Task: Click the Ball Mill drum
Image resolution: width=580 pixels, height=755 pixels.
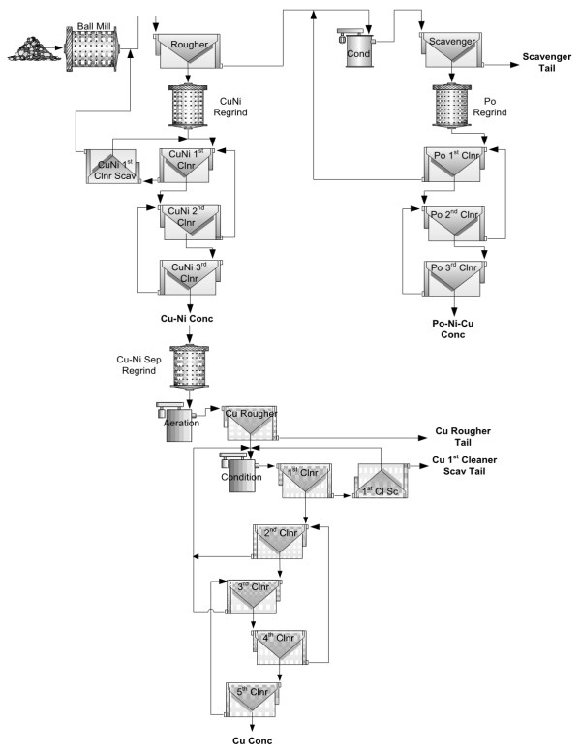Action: point(92,48)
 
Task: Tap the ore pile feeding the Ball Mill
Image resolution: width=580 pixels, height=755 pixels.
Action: point(34,49)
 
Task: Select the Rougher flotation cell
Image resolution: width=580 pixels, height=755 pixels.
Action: point(189,50)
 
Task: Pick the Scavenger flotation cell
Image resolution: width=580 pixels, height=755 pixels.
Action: point(451,49)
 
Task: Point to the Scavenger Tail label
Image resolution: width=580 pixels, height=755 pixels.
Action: point(547,62)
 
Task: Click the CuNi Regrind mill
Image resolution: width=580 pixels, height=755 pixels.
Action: point(188,106)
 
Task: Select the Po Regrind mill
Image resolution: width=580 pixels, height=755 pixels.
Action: point(451,106)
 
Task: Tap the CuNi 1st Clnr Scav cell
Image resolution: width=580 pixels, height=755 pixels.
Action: point(112,166)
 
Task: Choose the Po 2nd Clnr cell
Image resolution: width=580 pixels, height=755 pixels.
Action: point(454,224)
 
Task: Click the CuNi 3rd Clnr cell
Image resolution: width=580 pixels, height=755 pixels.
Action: point(190,277)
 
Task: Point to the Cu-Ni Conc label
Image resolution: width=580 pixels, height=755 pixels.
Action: point(187,318)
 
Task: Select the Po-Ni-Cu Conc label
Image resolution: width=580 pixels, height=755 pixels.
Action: point(452,329)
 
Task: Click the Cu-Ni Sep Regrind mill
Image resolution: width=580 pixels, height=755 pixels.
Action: point(190,366)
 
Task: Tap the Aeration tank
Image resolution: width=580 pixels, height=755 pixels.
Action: point(176,422)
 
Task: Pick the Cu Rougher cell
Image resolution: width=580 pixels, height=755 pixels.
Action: point(251,423)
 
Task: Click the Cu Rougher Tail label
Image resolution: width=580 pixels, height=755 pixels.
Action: point(463,437)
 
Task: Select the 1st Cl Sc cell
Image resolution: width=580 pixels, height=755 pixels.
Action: point(381,481)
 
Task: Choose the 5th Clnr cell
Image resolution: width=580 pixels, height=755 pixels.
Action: point(253,700)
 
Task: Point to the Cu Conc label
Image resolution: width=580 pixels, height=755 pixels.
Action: point(252,741)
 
